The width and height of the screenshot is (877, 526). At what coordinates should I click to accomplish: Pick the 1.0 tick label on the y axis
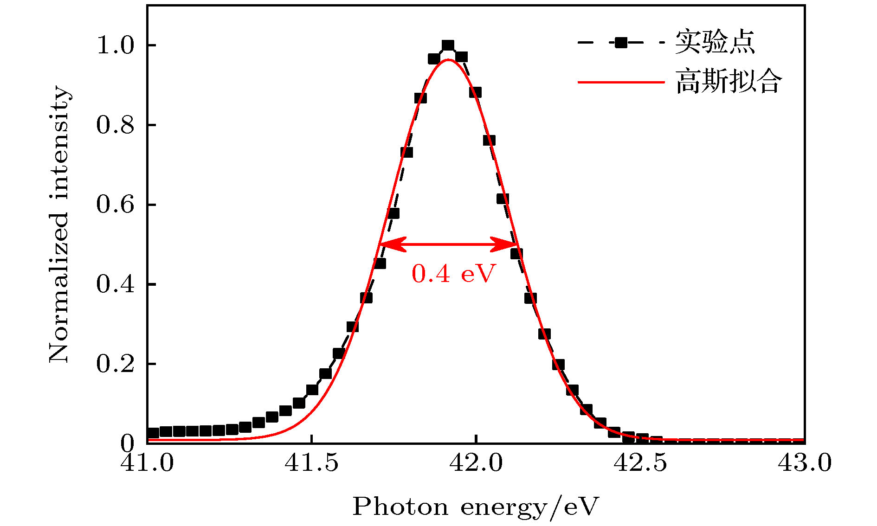coord(115,45)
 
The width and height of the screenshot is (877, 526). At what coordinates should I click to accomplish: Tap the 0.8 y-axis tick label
coord(115,125)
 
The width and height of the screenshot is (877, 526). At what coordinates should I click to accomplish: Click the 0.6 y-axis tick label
coord(115,205)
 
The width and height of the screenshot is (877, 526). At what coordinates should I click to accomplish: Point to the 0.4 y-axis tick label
coord(115,284)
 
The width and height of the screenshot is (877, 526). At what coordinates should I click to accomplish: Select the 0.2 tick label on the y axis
coord(115,364)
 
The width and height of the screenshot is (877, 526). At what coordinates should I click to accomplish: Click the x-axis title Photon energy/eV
coord(476,507)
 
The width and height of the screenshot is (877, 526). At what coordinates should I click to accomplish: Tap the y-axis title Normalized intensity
coord(59,224)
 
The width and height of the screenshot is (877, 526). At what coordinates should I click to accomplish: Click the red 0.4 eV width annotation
coord(454,274)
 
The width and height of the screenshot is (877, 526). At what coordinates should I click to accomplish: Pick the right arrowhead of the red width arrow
coord(510,244)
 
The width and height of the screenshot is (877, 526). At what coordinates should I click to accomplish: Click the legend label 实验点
coord(715,43)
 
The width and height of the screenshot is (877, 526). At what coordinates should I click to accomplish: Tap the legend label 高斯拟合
coord(729,82)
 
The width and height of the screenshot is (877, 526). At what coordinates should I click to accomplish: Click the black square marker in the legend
coord(621,43)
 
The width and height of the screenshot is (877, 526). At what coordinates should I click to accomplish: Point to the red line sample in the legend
coord(621,83)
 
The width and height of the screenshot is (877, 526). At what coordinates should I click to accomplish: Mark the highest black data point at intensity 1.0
coord(448,45)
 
